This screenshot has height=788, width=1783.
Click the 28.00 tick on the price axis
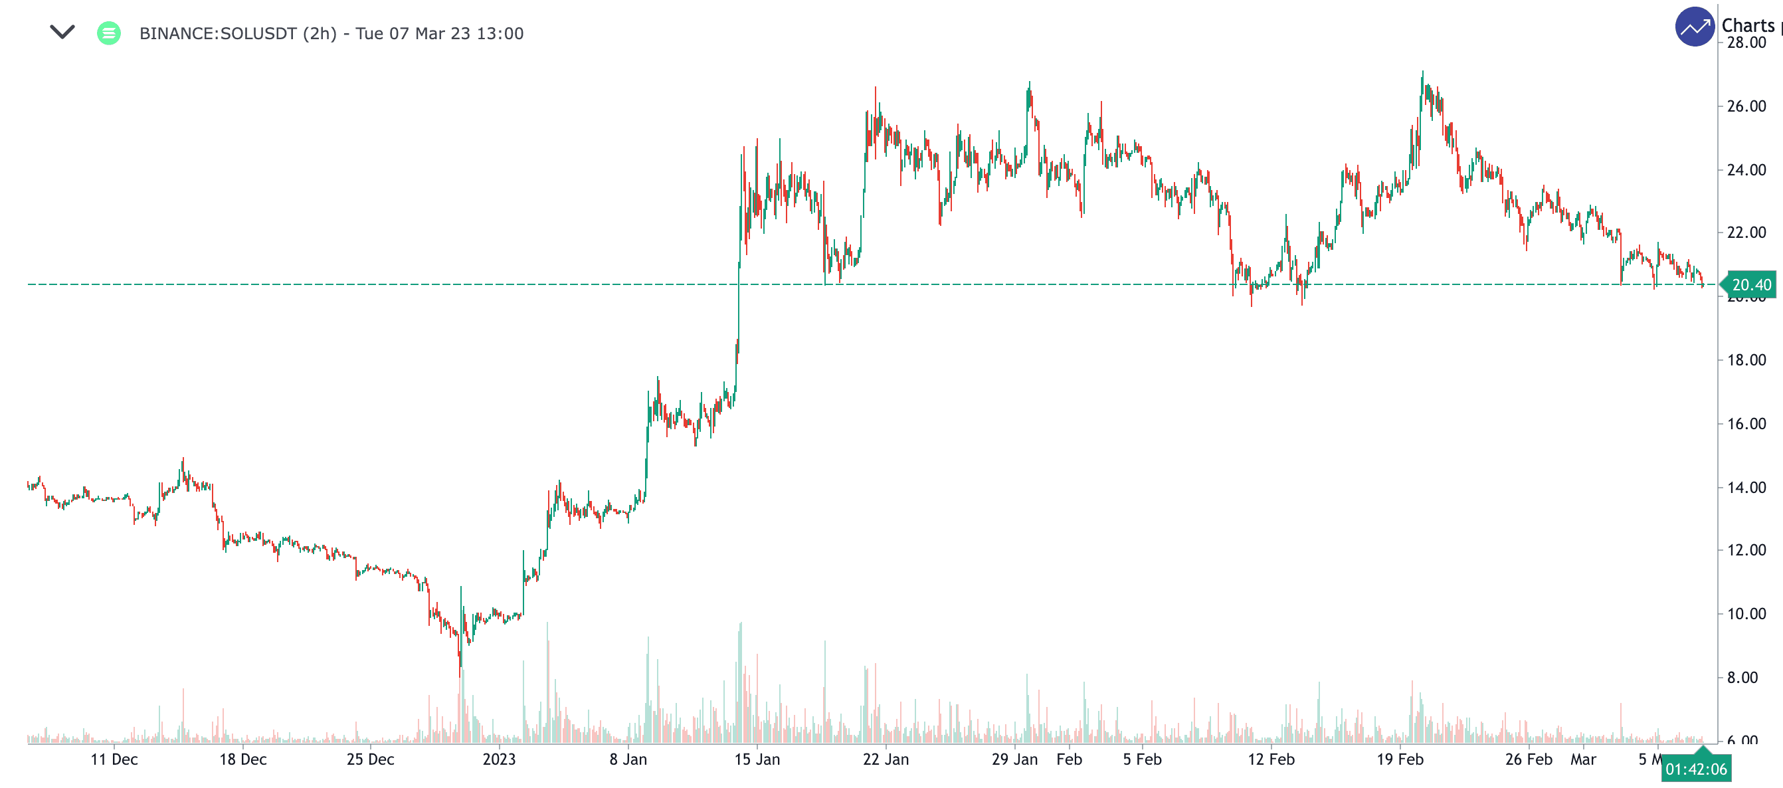tap(1746, 43)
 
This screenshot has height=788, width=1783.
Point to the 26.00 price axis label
tap(1746, 106)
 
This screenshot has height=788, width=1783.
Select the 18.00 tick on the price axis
tap(1746, 360)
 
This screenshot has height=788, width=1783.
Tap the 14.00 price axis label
tap(1746, 488)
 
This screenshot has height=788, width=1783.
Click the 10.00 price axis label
tap(1746, 614)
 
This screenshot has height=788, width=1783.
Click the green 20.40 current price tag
tap(1750, 284)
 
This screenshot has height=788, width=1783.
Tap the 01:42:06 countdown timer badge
tap(1696, 769)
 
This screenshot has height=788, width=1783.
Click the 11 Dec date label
tap(114, 759)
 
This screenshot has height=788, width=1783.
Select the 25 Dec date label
tap(370, 759)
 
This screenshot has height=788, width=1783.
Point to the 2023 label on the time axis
tap(499, 759)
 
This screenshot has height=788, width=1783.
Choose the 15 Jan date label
tap(757, 759)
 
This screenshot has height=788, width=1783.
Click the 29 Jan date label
tap(1014, 759)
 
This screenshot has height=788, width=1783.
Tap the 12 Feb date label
tap(1271, 759)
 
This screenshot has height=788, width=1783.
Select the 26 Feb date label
tap(1529, 759)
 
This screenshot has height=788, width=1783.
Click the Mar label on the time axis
tap(1583, 759)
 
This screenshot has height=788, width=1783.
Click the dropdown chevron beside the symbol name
tap(62, 32)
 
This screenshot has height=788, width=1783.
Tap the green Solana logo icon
tap(109, 33)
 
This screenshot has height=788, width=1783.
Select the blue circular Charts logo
tap(1695, 27)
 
